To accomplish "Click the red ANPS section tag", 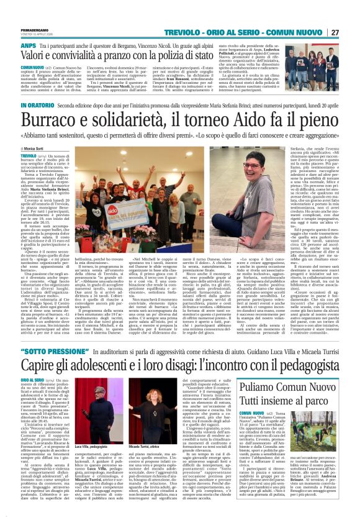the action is click(28, 46).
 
